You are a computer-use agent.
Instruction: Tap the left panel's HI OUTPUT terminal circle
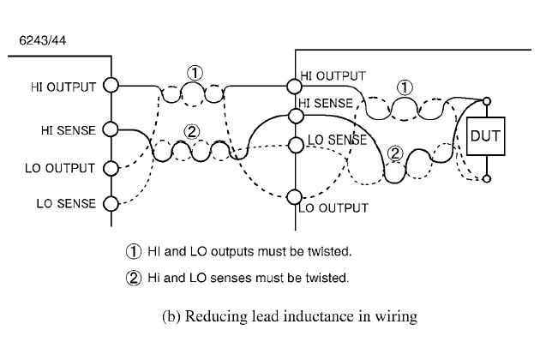(x=111, y=86)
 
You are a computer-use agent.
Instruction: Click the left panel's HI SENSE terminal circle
(x=111, y=129)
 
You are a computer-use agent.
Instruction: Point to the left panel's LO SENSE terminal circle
(x=111, y=203)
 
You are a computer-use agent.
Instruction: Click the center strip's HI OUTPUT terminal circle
(x=295, y=85)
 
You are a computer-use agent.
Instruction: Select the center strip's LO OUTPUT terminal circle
(x=295, y=196)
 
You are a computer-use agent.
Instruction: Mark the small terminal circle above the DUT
(x=487, y=100)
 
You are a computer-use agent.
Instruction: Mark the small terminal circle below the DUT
(x=487, y=179)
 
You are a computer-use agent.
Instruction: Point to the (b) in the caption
(x=171, y=317)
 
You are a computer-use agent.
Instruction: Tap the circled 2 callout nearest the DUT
(x=394, y=154)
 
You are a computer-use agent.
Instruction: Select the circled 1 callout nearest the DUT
(x=405, y=87)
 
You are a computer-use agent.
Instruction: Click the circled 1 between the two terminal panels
(x=195, y=73)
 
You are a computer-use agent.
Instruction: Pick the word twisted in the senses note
(x=327, y=278)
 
